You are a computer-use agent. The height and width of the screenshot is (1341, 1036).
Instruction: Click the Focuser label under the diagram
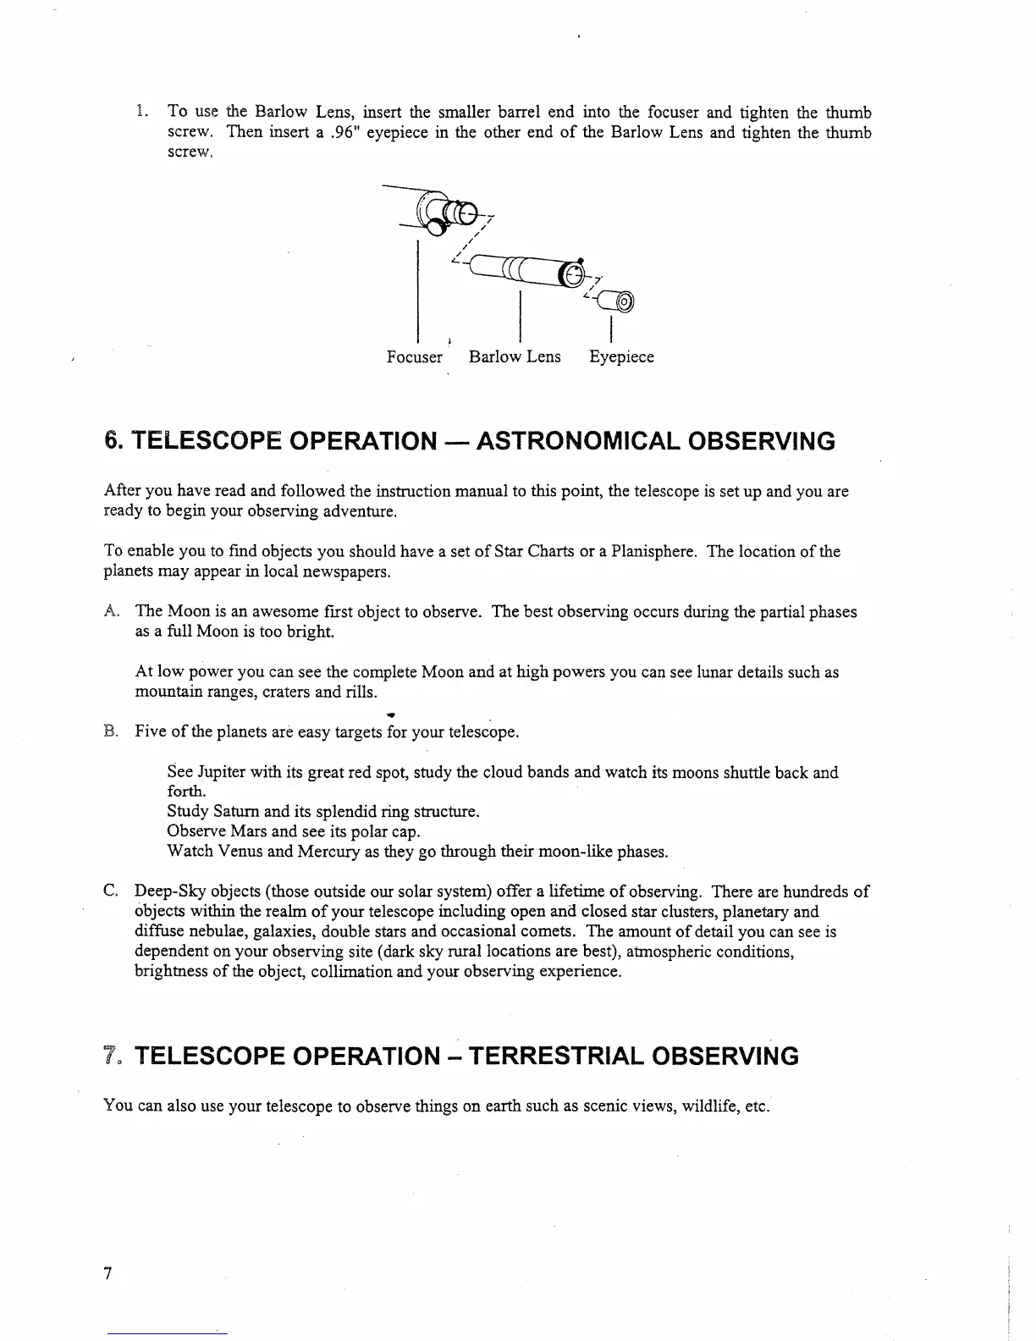coord(414,357)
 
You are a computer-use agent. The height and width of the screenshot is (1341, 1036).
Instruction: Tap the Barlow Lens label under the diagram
coord(515,357)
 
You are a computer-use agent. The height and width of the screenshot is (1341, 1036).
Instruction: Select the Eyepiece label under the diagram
coord(621,357)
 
